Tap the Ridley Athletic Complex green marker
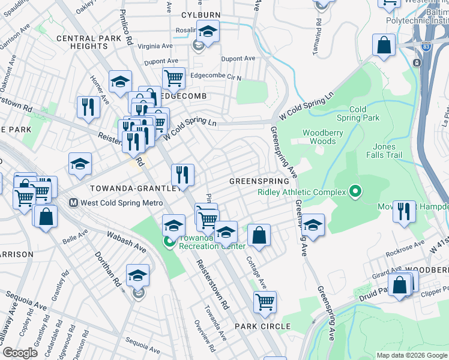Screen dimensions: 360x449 [355, 192]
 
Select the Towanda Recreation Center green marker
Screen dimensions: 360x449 [169, 242]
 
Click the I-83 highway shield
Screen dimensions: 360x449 [417, 62]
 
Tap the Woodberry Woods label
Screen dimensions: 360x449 [319, 137]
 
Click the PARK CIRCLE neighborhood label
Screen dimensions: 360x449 [262, 326]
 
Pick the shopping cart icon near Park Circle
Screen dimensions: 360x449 [264, 301]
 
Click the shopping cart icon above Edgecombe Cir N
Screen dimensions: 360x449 [173, 77]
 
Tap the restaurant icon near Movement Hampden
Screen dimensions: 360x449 [404, 211]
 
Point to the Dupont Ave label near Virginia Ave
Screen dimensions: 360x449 [161, 61]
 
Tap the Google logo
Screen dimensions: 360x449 [20, 353]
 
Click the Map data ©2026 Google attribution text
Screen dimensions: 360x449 [411, 355]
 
